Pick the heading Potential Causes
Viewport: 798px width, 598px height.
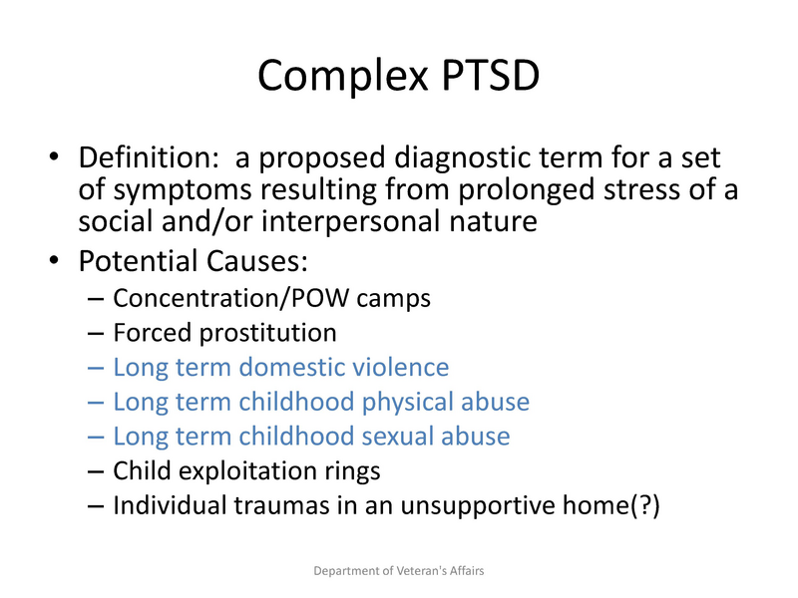coord(195,262)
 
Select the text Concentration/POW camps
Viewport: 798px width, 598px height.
coord(271,298)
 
